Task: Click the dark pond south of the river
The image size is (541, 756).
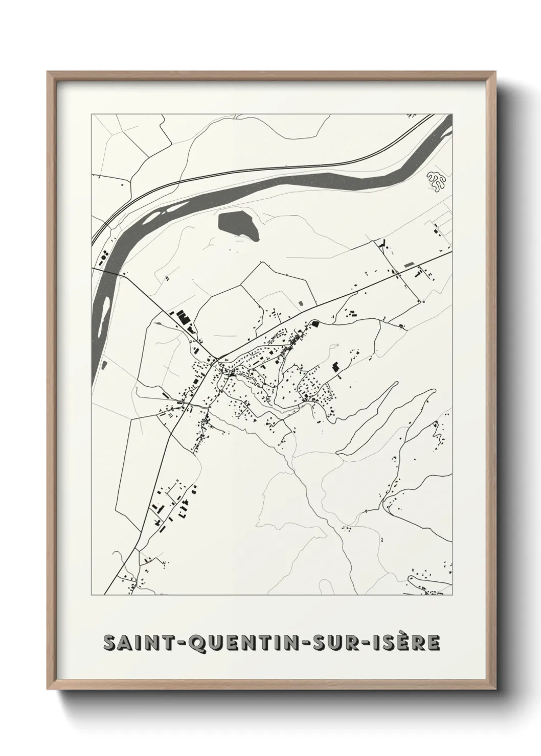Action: click(x=238, y=225)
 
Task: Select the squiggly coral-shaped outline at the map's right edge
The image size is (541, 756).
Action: click(x=436, y=183)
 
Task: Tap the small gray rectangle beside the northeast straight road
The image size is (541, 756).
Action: click(x=409, y=265)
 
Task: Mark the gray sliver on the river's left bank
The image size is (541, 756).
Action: click(x=104, y=365)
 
